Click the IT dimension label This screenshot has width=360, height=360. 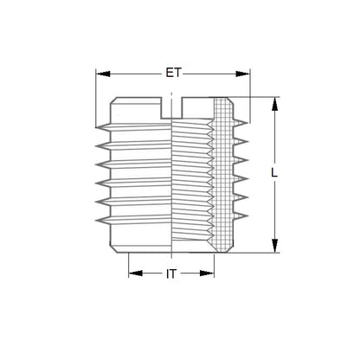point(171,273)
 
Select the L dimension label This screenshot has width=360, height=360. point(274,174)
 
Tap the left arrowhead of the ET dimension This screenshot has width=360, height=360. point(100,74)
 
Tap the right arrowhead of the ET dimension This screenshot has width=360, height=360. point(243,74)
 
